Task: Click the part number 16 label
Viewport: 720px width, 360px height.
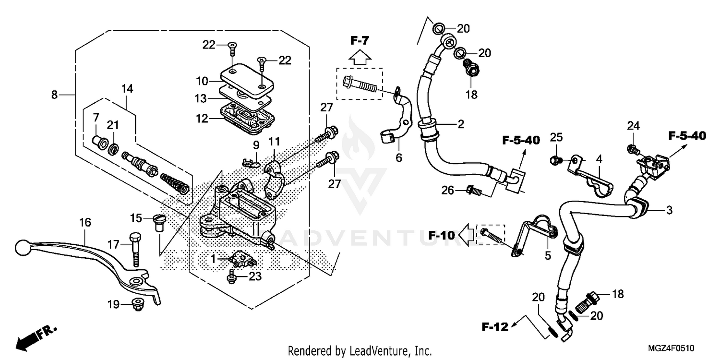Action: (84, 222)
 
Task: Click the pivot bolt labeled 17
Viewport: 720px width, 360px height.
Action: (135, 249)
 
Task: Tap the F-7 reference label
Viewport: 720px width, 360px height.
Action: (359, 41)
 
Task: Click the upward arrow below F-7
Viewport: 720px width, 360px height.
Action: (359, 58)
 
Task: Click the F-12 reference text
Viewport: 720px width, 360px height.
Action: (495, 328)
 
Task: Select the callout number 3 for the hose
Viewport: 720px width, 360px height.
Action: (669, 210)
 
